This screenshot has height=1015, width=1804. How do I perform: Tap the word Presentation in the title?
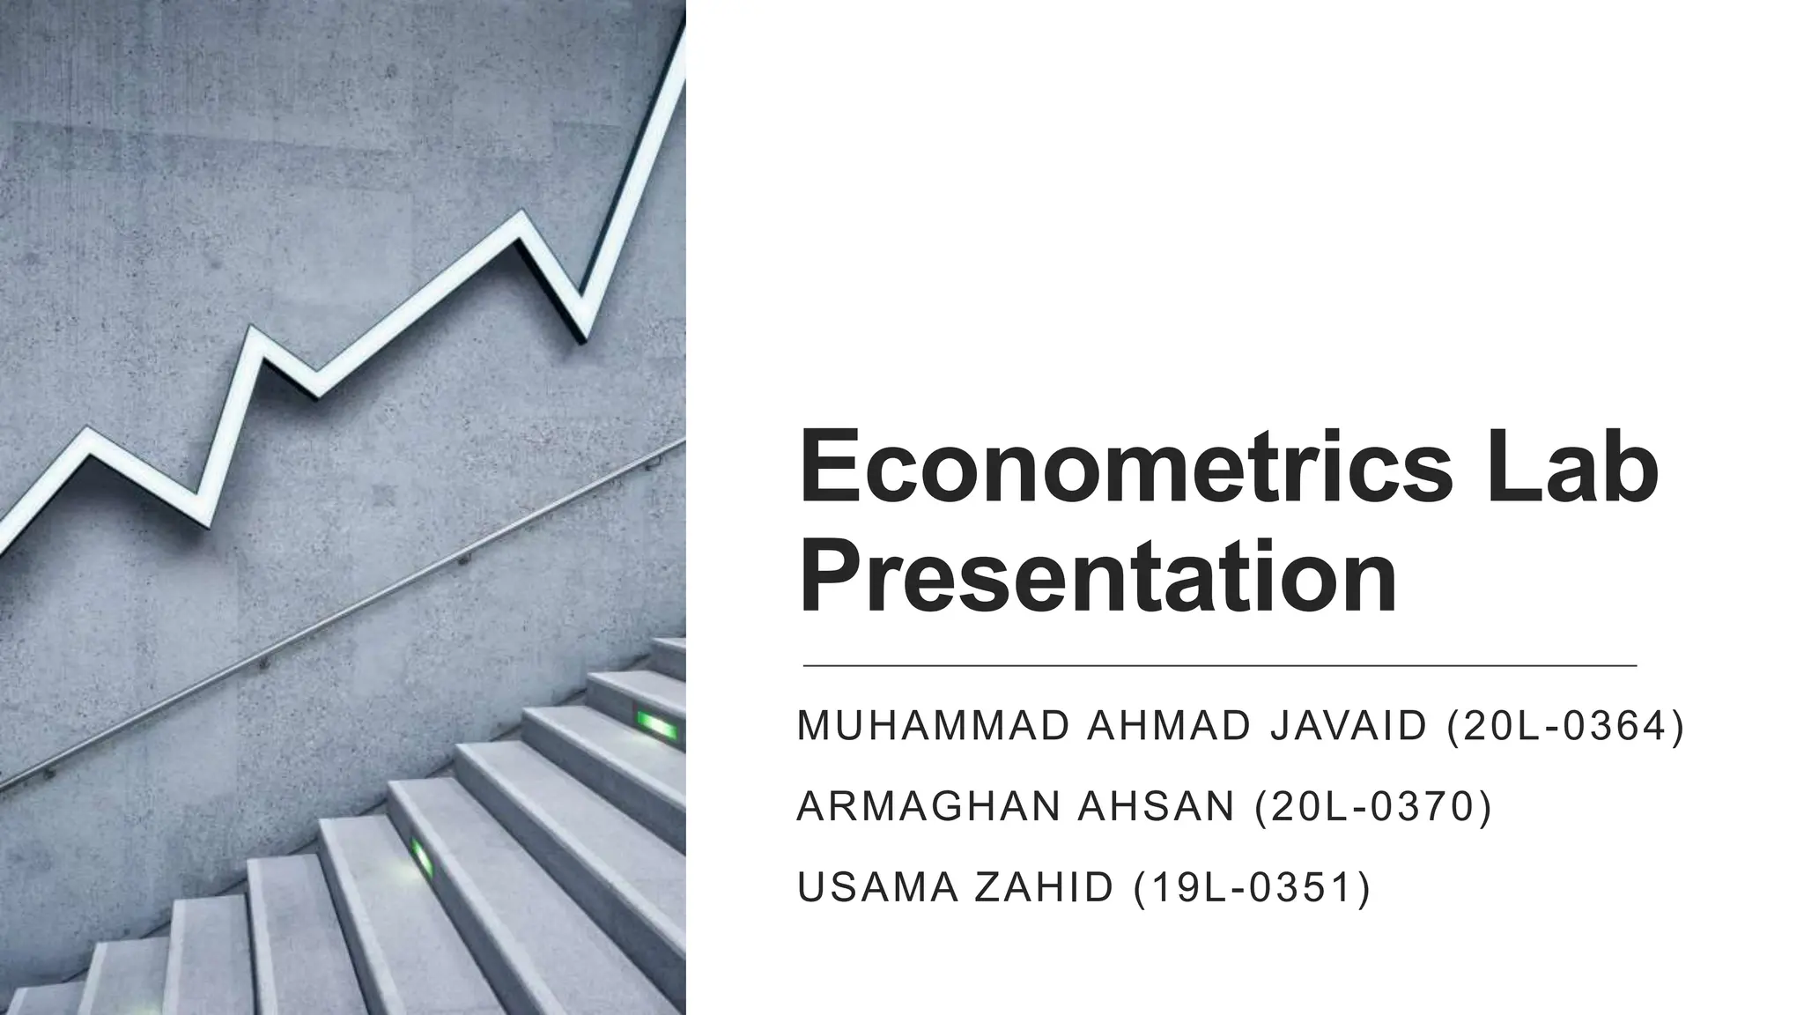pos(1098,577)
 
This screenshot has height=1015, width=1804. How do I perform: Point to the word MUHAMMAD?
pos(933,727)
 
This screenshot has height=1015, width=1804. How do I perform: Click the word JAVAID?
pos(1348,727)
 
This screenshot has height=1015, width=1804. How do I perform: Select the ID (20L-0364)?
pos(1565,727)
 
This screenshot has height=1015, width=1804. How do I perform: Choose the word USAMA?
pos(876,887)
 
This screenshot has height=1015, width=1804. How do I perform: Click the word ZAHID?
pos(1044,887)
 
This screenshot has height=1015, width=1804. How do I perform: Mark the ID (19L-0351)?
pos(1251,887)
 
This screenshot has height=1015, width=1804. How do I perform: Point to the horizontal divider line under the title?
pos(1220,666)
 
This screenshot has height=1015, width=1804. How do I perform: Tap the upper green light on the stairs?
pos(657,726)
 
